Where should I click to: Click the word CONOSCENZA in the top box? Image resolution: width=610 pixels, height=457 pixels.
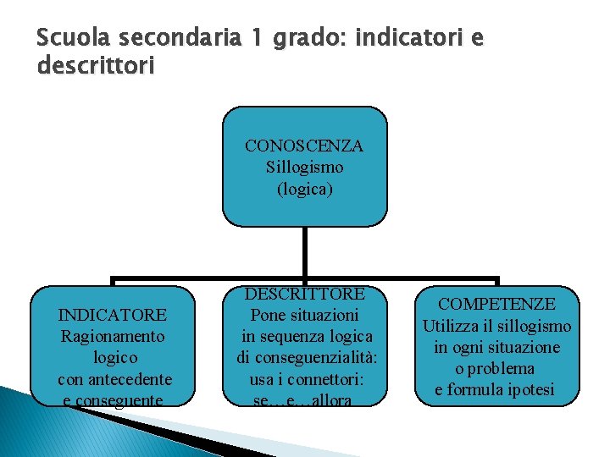pyautogui.click(x=304, y=146)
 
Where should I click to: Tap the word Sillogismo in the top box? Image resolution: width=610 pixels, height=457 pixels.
pyautogui.click(x=304, y=168)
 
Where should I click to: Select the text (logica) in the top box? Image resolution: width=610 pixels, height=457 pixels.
pyautogui.click(x=304, y=189)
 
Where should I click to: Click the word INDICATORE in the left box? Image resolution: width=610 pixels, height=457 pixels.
pyautogui.click(x=113, y=315)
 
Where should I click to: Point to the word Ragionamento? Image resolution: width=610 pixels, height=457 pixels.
pyautogui.click(x=113, y=336)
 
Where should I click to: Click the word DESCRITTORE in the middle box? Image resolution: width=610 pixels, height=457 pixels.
pyautogui.click(x=305, y=294)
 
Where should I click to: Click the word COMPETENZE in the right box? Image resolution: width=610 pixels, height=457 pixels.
pyautogui.click(x=496, y=304)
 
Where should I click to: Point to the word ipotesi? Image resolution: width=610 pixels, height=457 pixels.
pyautogui.click(x=530, y=389)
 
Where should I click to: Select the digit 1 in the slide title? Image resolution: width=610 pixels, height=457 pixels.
pyautogui.click(x=257, y=38)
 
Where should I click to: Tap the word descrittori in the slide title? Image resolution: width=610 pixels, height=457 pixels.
pyautogui.click(x=96, y=65)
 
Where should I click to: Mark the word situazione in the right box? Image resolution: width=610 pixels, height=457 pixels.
pyautogui.click(x=524, y=347)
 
